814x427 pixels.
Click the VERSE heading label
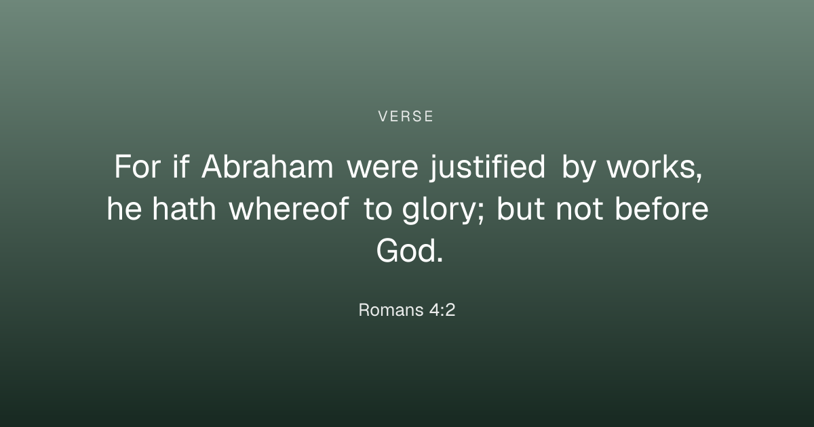[406, 117]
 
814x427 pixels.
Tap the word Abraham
[267, 166]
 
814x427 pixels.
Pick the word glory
[438, 210]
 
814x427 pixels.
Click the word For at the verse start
[137, 166]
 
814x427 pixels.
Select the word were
[383, 169]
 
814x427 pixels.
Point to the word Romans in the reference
[391, 310]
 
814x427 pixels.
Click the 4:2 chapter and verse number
[442, 310]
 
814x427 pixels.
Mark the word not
[579, 209]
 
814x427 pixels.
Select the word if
[181, 166]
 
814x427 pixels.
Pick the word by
[579, 168]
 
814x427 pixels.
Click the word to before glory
[378, 209]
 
